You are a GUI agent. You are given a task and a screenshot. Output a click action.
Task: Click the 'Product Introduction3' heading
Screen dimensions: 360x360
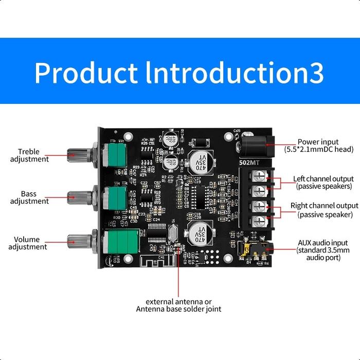pos(179,73)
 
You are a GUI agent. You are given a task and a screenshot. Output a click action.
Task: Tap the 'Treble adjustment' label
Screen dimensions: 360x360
pos(33,155)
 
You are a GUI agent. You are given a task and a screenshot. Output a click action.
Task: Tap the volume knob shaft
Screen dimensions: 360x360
pos(80,240)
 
